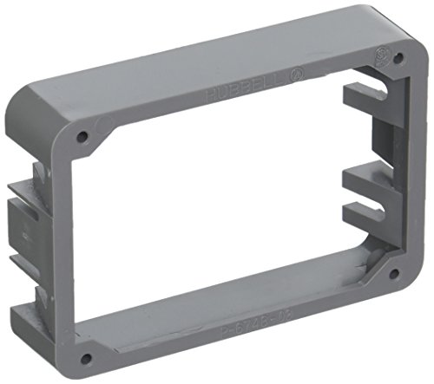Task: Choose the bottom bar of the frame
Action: tap(234, 316)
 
